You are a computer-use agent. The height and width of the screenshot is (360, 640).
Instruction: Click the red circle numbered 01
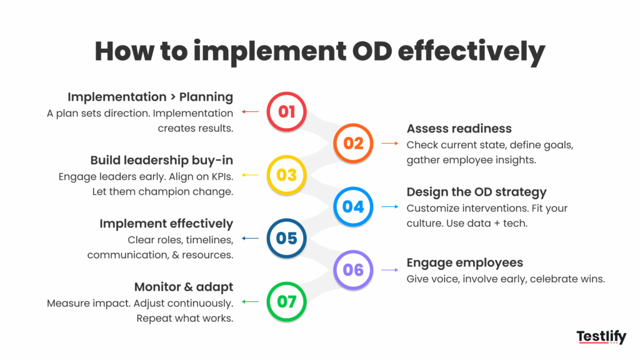click(x=286, y=111)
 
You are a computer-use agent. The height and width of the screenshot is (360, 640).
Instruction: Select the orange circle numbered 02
click(x=353, y=143)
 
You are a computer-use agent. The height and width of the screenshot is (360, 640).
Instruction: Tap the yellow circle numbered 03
click(x=286, y=175)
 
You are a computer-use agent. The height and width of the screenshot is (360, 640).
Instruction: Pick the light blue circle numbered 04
click(x=353, y=206)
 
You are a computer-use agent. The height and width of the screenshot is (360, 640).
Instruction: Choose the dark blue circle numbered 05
click(x=286, y=238)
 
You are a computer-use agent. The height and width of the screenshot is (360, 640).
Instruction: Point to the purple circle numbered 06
click(x=353, y=270)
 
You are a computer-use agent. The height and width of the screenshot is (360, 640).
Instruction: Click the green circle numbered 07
click(x=286, y=302)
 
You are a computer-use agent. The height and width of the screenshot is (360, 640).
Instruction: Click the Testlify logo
click(x=601, y=337)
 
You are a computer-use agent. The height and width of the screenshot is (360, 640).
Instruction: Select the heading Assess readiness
click(x=459, y=129)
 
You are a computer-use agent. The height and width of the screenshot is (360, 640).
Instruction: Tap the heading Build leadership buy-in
click(x=162, y=161)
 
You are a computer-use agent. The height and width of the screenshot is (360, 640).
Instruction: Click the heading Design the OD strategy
click(x=476, y=192)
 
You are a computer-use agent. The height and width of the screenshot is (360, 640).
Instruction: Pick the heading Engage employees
click(x=464, y=263)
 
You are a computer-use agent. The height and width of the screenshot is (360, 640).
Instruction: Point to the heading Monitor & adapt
click(x=184, y=287)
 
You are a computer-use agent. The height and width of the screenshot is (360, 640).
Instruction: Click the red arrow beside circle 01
click(x=250, y=111)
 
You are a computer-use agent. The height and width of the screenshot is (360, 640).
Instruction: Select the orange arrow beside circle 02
click(x=390, y=143)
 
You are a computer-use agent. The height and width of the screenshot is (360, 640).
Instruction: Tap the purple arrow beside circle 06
click(x=390, y=270)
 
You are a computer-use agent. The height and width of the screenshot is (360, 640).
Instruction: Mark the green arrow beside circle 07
click(x=250, y=302)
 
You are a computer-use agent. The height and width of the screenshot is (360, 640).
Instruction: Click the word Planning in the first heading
click(x=206, y=97)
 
